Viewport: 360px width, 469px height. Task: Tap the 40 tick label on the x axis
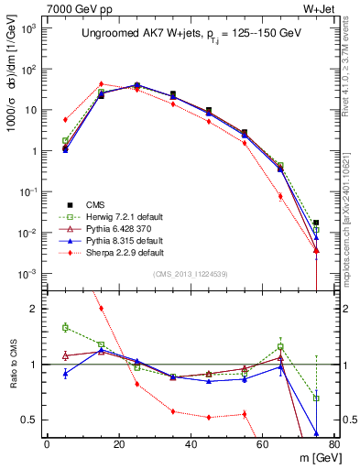pos(191,445)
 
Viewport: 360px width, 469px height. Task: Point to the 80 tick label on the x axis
pos(333,445)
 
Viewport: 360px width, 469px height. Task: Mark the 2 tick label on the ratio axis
pos(32,309)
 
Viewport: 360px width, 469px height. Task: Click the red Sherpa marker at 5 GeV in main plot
pos(65,120)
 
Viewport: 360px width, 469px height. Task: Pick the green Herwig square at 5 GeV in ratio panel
pos(65,327)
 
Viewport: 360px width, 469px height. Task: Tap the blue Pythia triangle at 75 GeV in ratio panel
pos(316,433)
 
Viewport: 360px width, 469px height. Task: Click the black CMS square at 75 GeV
pos(316,223)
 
